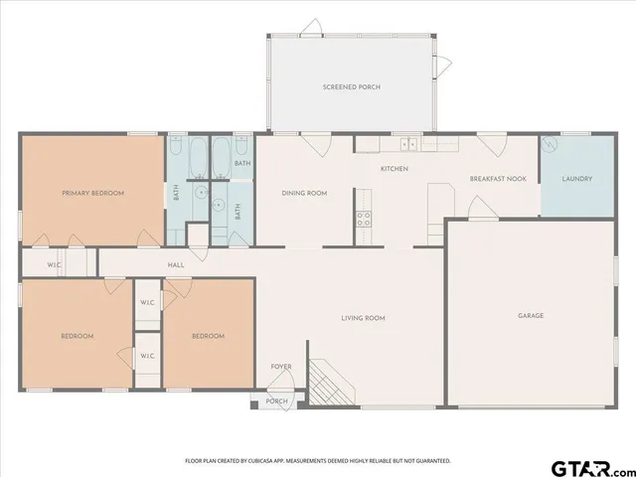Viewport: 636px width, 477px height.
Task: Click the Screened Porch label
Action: (351, 87)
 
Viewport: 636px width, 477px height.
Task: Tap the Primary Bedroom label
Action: (92, 193)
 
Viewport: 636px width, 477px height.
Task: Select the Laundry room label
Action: (577, 179)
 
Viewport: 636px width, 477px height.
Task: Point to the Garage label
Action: (530, 316)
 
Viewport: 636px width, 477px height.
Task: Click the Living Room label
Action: (363, 318)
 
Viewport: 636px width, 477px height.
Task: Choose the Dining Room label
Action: (304, 193)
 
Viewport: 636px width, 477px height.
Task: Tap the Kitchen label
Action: (395, 169)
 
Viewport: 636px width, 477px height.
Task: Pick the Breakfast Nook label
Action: (498, 180)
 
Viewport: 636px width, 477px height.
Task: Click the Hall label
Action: (176, 265)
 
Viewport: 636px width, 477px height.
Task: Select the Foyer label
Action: (281, 367)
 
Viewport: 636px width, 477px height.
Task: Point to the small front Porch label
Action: (277, 401)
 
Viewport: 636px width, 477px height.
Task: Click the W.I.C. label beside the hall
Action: (56, 265)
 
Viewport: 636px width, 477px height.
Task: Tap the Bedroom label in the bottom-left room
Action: (77, 336)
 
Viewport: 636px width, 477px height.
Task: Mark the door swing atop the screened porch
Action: (311, 26)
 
